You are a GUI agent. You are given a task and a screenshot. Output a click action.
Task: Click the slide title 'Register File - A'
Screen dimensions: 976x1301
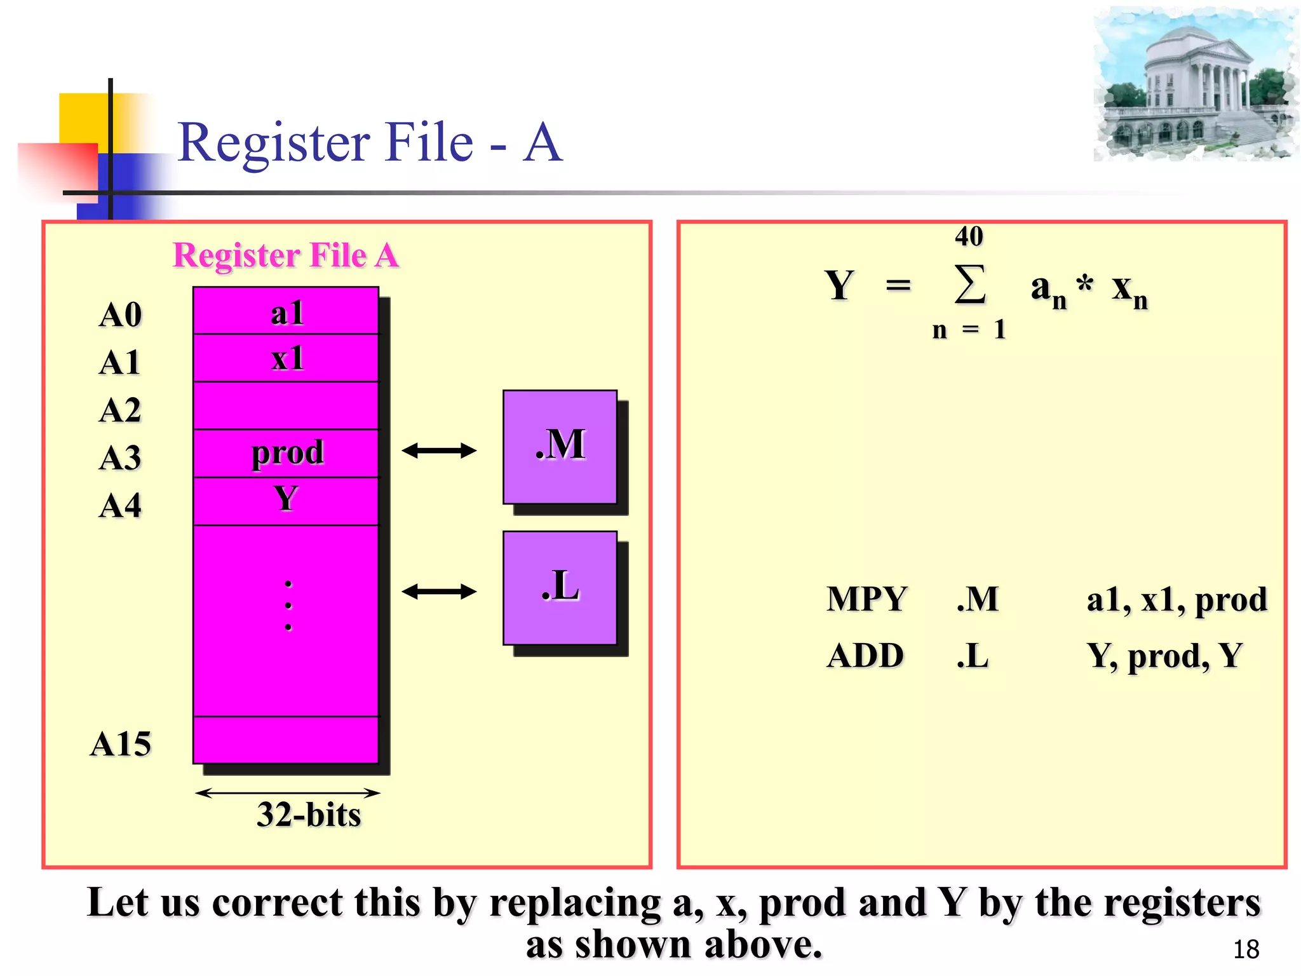[x=370, y=142]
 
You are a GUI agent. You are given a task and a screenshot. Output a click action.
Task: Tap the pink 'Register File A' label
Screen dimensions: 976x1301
[x=286, y=255]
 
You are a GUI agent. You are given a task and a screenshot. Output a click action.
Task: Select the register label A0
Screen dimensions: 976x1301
[x=120, y=315]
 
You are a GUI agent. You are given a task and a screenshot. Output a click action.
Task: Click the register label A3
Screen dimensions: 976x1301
[x=120, y=457]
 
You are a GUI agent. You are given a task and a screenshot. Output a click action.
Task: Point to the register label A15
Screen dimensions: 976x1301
[x=121, y=743]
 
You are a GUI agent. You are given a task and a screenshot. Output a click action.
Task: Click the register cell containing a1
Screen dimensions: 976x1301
[x=286, y=311]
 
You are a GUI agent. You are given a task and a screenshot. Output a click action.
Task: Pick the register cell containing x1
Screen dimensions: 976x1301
[x=286, y=358]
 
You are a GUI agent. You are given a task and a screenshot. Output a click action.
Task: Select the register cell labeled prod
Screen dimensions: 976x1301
[x=286, y=453]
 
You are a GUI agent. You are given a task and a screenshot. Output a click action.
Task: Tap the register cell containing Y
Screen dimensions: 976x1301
[x=286, y=500]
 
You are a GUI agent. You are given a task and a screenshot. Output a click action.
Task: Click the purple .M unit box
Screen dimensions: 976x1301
[x=560, y=447]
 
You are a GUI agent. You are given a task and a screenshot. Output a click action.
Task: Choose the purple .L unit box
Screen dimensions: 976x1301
[x=560, y=588]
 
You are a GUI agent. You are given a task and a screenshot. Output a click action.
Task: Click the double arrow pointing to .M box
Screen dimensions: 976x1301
[x=439, y=451]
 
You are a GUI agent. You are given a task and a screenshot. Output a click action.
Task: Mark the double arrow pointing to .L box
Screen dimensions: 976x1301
[x=439, y=592]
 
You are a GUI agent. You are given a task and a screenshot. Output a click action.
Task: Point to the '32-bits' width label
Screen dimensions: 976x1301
[x=309, y=815]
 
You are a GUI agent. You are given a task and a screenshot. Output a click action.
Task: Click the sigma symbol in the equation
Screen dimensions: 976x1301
[x=970, y=285]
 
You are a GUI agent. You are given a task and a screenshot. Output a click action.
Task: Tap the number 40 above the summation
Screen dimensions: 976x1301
[x=969, y=236]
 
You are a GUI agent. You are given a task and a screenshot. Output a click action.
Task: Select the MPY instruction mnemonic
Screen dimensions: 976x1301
[x=866, y=599]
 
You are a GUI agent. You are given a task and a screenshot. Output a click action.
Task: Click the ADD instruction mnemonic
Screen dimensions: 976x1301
[x=865, y=656]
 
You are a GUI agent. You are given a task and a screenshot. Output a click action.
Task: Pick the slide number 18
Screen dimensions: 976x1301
[x=1246, y=949]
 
